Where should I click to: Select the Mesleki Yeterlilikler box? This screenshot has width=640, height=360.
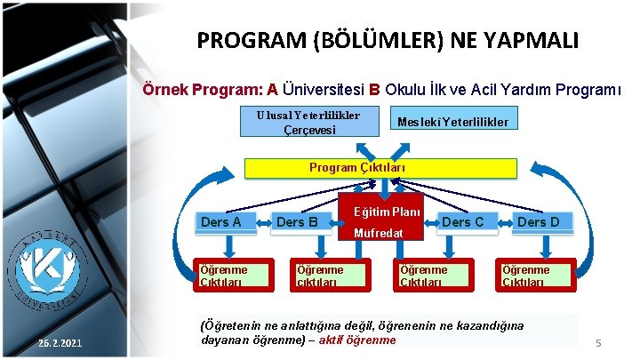452,121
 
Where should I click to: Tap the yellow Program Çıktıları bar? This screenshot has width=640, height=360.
380,168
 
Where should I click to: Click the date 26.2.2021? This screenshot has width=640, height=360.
60,343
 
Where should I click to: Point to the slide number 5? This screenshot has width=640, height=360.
598,342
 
